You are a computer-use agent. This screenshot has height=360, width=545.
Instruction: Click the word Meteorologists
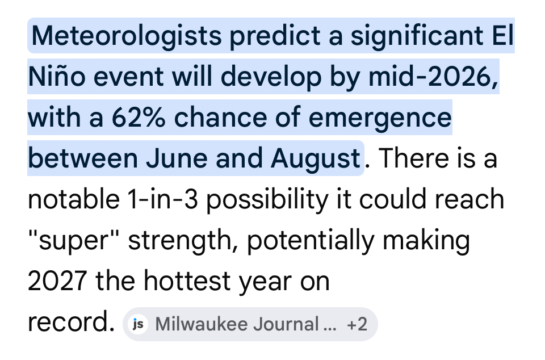[x=127, y=36]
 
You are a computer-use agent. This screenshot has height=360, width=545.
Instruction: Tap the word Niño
[x=57, y=76]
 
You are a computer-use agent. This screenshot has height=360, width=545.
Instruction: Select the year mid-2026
[x=433, y=77]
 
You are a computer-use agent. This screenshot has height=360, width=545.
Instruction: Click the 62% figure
[x=139, y=118]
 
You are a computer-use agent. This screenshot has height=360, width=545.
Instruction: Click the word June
[x=177, y=158]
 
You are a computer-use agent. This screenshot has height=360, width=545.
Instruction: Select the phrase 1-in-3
[x=162, y=199]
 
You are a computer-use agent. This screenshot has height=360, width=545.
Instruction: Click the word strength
[x=183, y=240]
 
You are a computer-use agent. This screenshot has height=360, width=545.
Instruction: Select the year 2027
[x=57, y=281]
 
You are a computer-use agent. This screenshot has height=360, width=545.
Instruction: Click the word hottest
[x=187, y=281]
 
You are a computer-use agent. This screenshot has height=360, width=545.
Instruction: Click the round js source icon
[x=138, y=324]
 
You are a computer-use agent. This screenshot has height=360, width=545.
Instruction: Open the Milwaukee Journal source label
[x=246, y=324]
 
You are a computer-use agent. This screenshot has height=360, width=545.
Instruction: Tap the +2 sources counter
[x=357, y=324]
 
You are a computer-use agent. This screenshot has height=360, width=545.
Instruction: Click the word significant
[x=417, y=36]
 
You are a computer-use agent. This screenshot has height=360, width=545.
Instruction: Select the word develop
[x=271, y=77]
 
